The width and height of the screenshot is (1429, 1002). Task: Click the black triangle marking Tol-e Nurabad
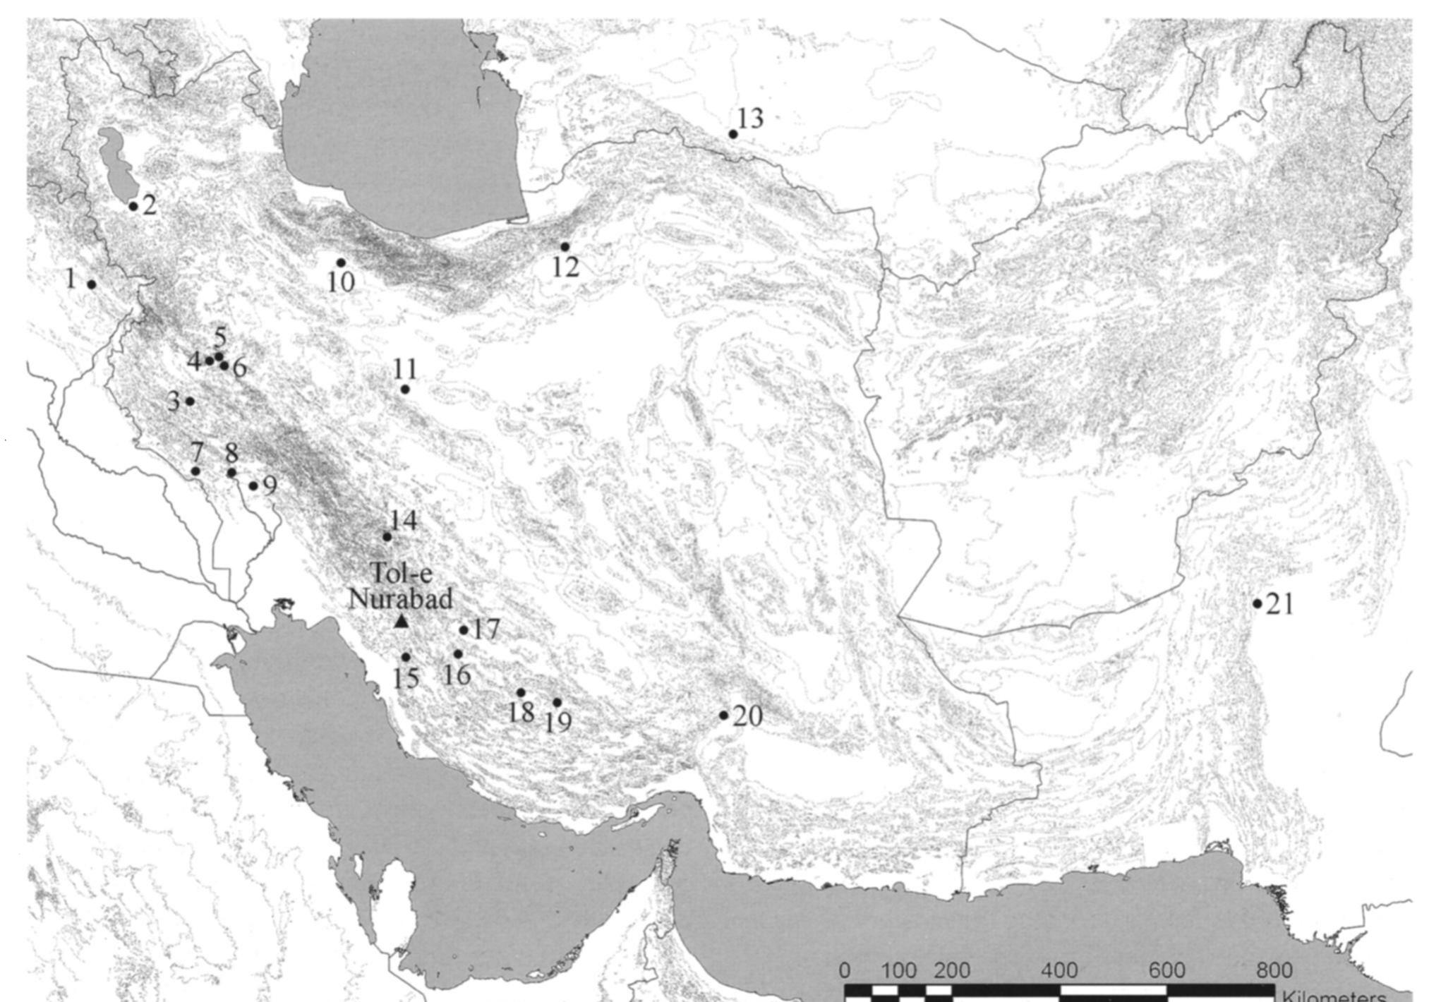(402, 622)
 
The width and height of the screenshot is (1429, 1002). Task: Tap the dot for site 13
(733, 134)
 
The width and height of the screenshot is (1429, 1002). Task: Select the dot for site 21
(1258, 603)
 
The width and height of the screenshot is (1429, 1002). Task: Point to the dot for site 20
(724, 716)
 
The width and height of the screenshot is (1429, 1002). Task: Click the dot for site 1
(92, 284)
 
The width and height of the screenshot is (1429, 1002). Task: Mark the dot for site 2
(133, 206)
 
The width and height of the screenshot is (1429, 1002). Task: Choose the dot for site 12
(565, 247)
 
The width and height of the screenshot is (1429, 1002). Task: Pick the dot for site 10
(341, 262)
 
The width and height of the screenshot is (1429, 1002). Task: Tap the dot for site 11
(405, 390)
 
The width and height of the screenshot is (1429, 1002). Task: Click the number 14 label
(404, 521)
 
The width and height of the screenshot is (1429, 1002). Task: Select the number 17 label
(486, 629)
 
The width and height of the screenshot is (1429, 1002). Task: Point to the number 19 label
(557, 721)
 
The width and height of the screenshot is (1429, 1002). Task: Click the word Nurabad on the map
(401, 599)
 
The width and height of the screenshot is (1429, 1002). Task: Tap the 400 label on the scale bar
(1059, 970)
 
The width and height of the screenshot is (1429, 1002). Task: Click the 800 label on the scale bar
(1274, 970)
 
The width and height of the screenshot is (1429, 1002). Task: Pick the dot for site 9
(253, 485)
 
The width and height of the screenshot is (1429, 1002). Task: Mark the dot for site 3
(190, 401)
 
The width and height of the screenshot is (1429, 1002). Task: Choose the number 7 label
(196, 452)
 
